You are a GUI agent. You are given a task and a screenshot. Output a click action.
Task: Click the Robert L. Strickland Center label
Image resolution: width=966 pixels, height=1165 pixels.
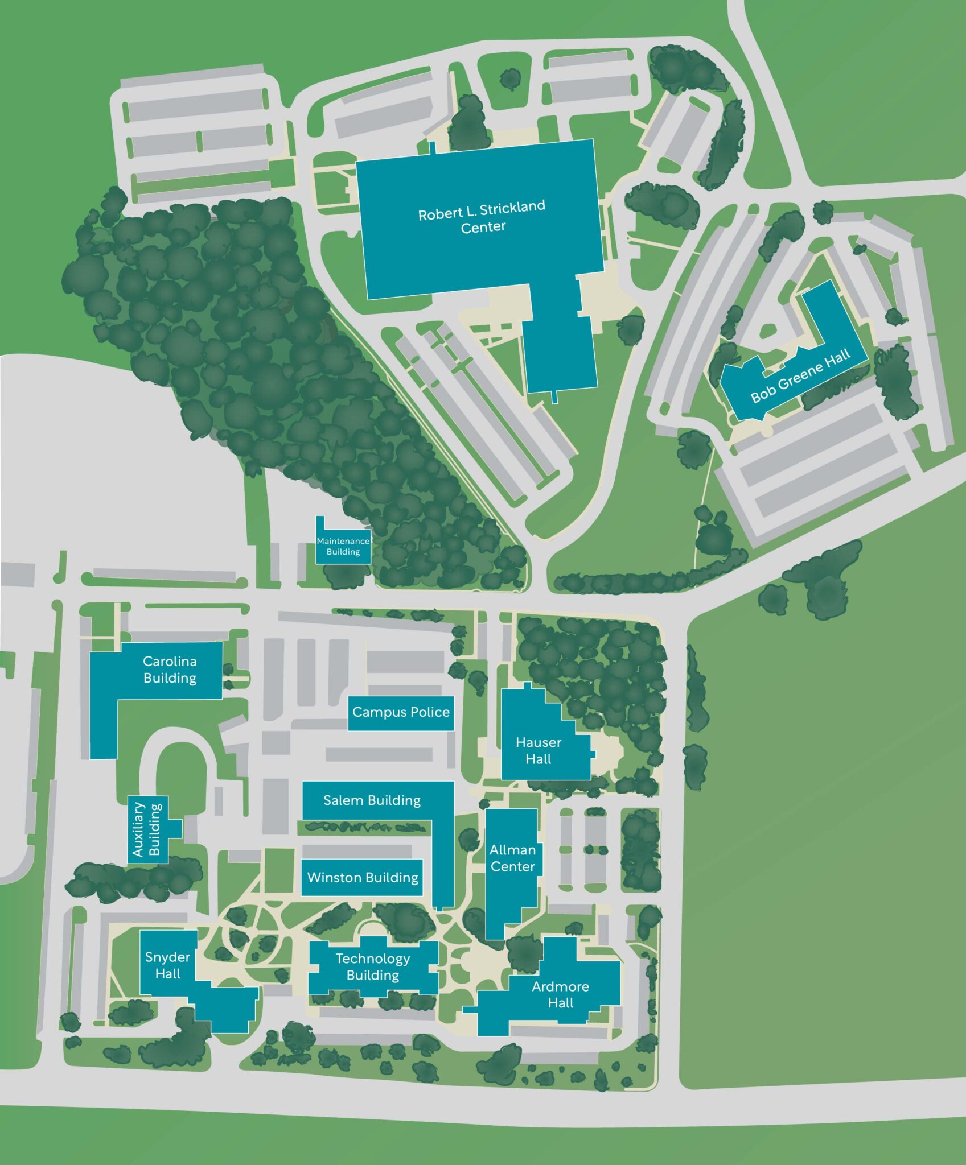(x=482, y=216)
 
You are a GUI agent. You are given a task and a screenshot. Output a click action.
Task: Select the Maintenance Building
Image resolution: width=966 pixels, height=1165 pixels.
(x=343, y=546)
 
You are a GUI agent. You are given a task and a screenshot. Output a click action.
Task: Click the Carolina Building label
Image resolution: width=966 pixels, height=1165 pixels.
(x=170, y=669)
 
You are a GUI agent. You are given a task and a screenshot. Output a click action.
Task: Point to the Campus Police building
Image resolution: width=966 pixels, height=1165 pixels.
(x=401, y=712)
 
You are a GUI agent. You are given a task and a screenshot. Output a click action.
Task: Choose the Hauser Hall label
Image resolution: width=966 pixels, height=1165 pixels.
(x=538, y=750)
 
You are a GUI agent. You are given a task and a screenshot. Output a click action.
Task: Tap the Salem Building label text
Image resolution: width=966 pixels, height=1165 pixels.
(x=372, y=800)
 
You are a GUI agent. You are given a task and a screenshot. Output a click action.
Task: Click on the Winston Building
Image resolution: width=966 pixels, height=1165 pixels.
(x=362, y=877)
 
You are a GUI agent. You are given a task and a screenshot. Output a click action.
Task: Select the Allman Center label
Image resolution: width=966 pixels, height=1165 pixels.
(x=512, y=858)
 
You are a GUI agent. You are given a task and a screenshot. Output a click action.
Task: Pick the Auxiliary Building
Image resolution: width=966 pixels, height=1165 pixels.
(x=147, y=829)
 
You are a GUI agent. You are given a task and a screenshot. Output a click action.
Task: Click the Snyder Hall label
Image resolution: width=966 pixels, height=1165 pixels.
(x=167, y=965)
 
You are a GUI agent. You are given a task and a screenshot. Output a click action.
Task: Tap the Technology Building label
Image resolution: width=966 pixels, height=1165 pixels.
(x=373, y=966)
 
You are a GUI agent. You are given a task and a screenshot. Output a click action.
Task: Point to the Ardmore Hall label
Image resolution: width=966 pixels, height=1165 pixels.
(x=560, y=994)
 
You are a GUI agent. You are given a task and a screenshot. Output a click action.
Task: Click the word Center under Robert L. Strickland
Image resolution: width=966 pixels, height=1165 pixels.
(x=483, y=227)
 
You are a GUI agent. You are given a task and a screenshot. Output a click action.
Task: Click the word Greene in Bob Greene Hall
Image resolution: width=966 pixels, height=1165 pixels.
(x=800, y=376)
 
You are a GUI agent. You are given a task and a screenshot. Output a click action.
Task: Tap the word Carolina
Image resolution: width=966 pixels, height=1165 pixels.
(x=170, y=661)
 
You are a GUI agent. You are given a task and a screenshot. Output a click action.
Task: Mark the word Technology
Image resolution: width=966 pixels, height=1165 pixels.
(x=373, y=959)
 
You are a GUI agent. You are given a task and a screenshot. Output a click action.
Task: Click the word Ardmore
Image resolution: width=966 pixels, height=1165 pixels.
(x=560, y=986)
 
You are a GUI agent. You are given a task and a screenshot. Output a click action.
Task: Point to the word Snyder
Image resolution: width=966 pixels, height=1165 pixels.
(x=167, y=957)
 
